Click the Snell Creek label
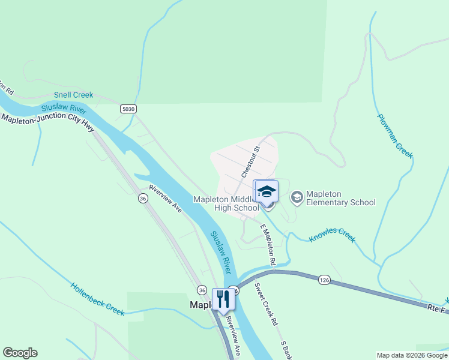[74, 95]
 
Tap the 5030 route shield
[128, 109]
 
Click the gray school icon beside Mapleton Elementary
[297, 197]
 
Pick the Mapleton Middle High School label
[226, 203]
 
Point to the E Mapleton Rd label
[268, 245]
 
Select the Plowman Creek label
[394, 136]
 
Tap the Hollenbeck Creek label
[97, 299]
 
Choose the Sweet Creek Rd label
[266, 304]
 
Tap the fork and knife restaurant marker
[223, 299]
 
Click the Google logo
[20, 353]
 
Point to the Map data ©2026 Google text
[412, 355]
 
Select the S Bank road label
[288, 350]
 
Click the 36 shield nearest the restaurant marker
[202, 289]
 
